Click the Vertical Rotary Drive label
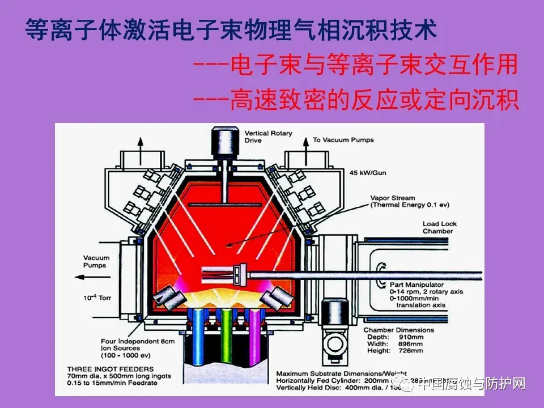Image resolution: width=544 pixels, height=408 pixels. pyautogui.click(x=268, y=137)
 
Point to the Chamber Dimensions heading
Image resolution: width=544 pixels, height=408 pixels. pyautogui.click(x=398, y=330)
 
